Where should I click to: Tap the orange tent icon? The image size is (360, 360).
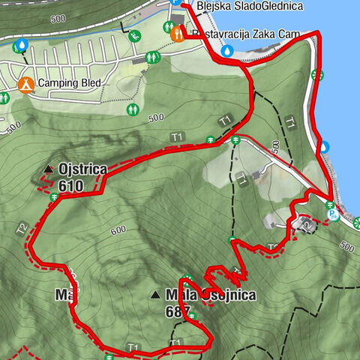pyautogui.click(x=25, y=85)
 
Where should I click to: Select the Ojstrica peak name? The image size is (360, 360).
pyautogui.click(x=82, y=169)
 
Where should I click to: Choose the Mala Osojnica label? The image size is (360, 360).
pyautogui.click(x=211, y=295)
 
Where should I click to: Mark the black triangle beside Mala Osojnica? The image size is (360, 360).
pyautogui.click(x=155, y=295)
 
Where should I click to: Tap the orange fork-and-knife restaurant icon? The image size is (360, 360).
pyautogui.click(x=177, y=34)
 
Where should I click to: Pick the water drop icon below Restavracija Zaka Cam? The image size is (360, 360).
pyautogui.click(x=226, y=52)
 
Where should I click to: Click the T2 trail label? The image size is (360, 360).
pyautogui.click(x=22, y=226)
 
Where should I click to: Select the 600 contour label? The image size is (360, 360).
pyautogui.click(x=117, y=231)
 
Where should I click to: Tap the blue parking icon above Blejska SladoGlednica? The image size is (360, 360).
pyautogui.click(x=175, y=3)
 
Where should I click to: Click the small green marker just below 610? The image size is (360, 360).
pyautogui.click(x=55, y=197)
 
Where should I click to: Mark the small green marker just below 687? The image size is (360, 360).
pyautogui.click(x=192, y=316)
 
